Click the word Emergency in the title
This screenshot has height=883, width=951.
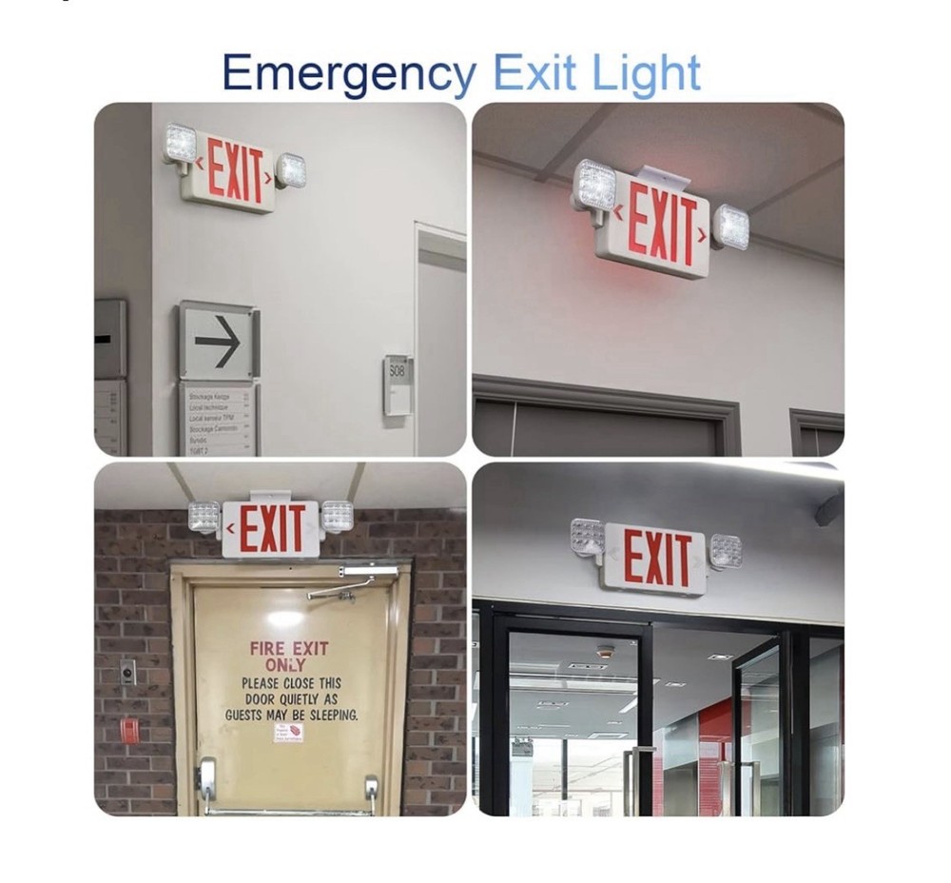(x=348, y=75)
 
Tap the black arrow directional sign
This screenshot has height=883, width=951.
(x=218, y=342)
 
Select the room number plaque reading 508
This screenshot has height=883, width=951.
(x=397, y=383)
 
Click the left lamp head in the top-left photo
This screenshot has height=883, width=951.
(x=180, y=144)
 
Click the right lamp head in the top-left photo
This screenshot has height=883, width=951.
(x=291, y=170)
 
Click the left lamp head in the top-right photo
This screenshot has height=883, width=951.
(x=595, y=185)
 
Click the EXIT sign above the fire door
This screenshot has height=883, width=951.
(x=271, y=529)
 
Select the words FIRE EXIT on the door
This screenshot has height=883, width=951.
(x=289, y=648)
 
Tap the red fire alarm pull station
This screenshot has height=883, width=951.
(x=128, y=730)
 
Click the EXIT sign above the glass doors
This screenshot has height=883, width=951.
(x=655, y=558)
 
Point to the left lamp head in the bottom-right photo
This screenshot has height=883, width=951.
(x=587, y=538)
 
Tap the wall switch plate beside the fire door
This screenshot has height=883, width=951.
(x=127, y=673)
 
